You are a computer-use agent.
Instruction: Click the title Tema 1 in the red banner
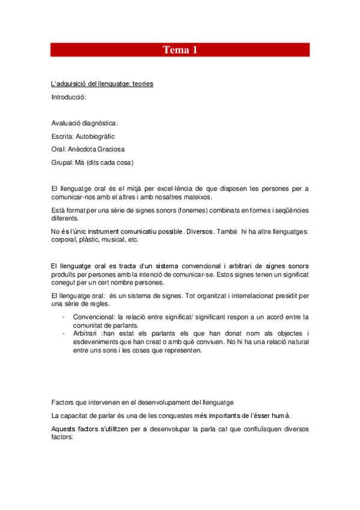click(x=180, y=50)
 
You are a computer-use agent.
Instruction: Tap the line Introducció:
click(x=69, y=96)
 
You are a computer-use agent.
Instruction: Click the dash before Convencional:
click(x=64, y=317)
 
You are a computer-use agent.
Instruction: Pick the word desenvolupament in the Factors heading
click(x=189, y=402)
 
